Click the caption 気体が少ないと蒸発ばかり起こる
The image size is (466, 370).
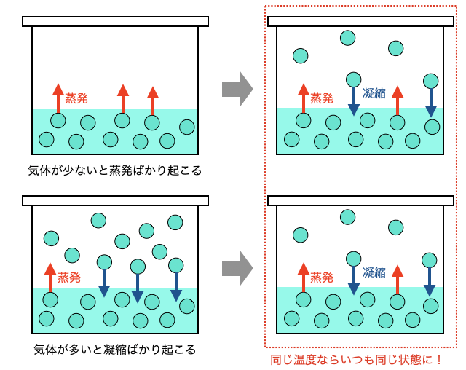114,170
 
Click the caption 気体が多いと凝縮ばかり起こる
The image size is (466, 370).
114,349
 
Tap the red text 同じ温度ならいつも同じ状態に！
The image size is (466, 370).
356,359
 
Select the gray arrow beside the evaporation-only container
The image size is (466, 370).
237,89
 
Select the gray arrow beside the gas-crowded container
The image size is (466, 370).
237,268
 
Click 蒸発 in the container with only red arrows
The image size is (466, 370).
76,97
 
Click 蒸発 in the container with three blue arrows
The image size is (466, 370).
69,277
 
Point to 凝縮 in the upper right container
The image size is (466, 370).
374,92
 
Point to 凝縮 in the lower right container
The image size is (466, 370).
374,272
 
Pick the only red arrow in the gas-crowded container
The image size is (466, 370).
50,277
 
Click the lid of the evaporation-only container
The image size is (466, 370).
115,21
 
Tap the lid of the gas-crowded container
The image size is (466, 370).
115,200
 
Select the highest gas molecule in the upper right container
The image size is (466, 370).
348,38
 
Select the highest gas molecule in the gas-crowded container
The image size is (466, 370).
98,220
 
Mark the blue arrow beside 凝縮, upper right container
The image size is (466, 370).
354,101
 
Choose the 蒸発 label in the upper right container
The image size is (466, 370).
322,98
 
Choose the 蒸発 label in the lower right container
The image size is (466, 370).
322,277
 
